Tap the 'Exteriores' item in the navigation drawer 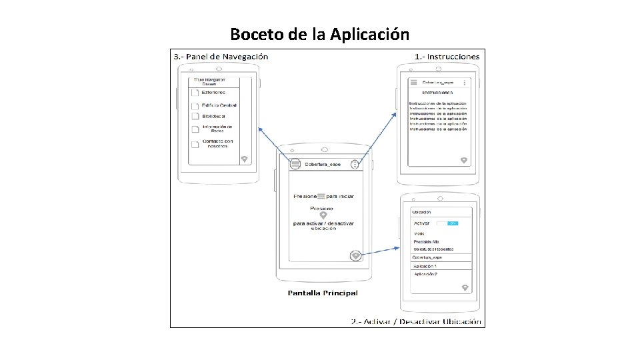pos(214,93)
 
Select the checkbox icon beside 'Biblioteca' pos(195,117)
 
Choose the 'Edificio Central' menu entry pos(219,105)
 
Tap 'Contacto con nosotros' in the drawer pos(217,143)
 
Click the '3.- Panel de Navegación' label pos(221,57)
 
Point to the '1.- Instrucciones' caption pos(447,57)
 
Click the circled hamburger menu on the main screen pos(295,164)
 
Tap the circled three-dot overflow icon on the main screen pos(355,164)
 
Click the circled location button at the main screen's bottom pos(356,255)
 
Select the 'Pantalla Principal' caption pos(323,293)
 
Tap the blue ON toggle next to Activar pos(452,223)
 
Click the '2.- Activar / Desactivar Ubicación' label pos(416,322)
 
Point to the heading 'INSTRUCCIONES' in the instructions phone pos(437,91)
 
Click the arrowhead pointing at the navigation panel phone pos(260,128)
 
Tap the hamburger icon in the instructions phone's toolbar pos(413,82)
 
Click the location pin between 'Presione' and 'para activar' pos(323,215)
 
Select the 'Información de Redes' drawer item pos(217,129)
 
